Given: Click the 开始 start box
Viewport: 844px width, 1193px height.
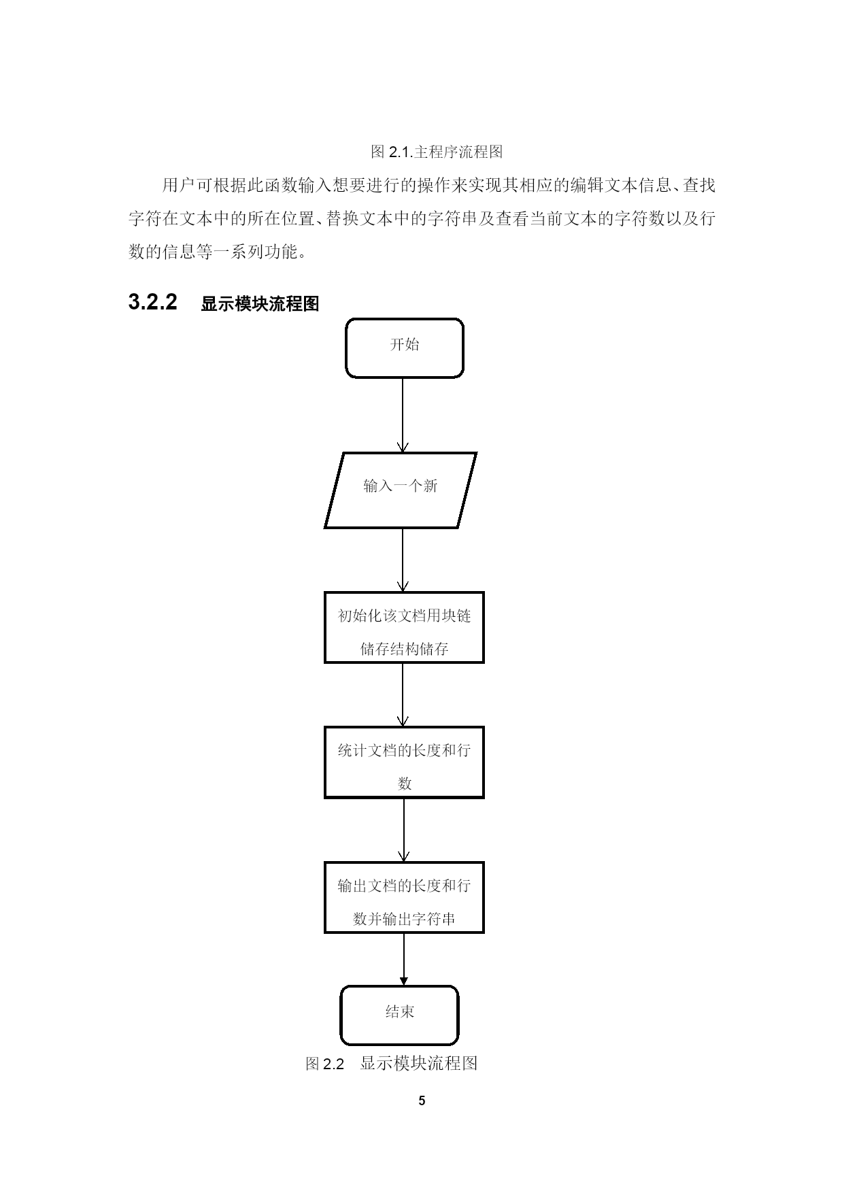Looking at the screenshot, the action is click(x=405, y=348).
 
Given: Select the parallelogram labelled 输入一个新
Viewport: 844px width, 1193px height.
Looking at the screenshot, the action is click(x=401, y=490).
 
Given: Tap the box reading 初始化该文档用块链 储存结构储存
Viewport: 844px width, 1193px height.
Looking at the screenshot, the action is click(x=404, y=627).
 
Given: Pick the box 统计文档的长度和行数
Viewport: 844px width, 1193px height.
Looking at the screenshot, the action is click(x=404, y=762).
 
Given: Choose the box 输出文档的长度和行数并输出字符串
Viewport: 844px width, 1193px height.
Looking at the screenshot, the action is click(x=404, y=897).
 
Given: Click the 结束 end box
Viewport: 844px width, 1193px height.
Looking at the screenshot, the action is click(x=400, y=1015).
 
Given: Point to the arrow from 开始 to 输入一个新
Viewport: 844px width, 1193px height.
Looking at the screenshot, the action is click(x=403, y=415).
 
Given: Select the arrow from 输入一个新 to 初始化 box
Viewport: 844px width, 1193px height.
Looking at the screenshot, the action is click(x=403, y=560).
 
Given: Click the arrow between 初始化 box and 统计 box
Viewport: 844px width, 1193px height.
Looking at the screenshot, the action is click(x=403, y=694).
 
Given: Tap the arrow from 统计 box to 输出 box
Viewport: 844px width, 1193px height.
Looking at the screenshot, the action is click(x=404, y=830).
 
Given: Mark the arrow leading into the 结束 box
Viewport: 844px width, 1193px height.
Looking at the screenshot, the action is click(x=404, y=959).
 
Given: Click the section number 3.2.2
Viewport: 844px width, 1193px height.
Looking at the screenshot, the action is click(x=153, y=302).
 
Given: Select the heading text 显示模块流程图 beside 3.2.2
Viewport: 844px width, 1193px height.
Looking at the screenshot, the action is click(x=260, y=304).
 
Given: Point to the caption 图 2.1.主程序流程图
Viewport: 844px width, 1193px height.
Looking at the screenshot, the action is click(x=437, y=152).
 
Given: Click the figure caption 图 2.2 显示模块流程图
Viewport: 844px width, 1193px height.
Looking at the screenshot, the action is click(x=392, y=1063).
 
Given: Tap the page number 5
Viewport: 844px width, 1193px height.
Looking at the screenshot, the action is click(x=422, y=1100).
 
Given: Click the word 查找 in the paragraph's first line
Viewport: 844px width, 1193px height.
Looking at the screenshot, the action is click(x=699, y=185).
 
